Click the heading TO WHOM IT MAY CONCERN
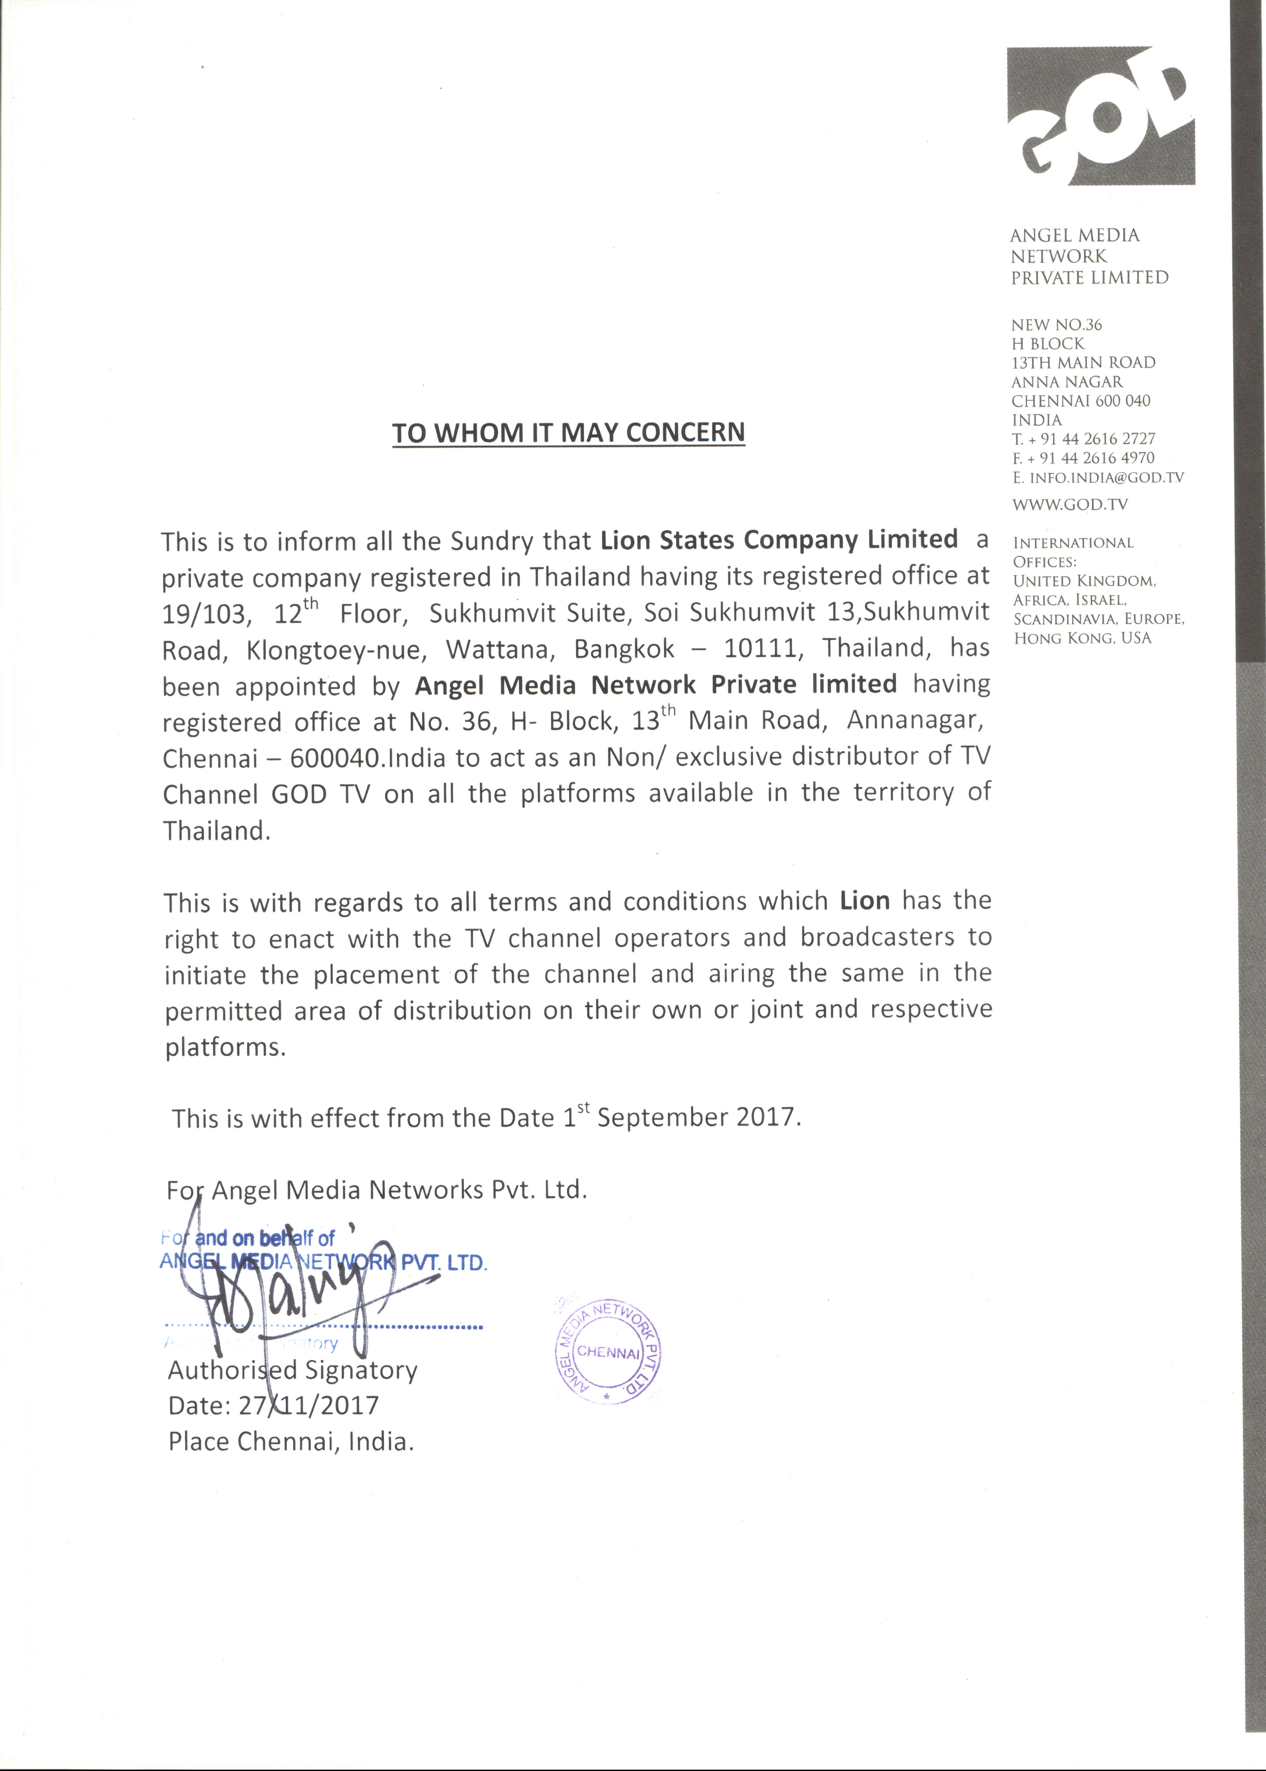pyautogui.click(x=568, y=433)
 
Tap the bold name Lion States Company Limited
pyautogui.click(x=779, y=540)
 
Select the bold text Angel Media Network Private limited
pyautogui.click(x=655, y=685)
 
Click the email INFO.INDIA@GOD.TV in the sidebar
pyautogui.click(x=1106, y=477)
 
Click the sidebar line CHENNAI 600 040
pyautogui.click(x=1080, y=401)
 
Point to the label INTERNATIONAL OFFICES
pyautogui.click(x=1073, y=551)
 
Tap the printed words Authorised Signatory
pyautogui.click(x=292, y=1370)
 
